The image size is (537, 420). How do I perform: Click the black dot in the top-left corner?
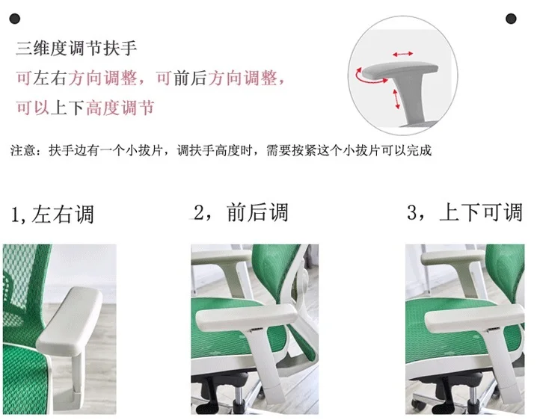tap(15, 19)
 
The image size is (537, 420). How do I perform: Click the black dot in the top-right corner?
tap(511, 19)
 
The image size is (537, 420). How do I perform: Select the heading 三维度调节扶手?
tap(76, 48)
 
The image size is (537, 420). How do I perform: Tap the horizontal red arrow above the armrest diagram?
tap(402, 54)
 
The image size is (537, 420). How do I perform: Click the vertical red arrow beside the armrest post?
tap(396, 99)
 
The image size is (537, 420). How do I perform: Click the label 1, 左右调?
tap(52, 214)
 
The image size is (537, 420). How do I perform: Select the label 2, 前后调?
tap(241, 212)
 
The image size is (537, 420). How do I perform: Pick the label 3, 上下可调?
tap(464, 212)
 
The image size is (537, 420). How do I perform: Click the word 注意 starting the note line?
tap(23, 150)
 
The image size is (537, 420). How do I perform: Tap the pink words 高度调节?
tap(120, 108)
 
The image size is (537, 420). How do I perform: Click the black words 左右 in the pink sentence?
tap(50, 78)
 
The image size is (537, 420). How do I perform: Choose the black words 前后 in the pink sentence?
tap(190, 78)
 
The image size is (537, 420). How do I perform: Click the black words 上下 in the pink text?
tap(67, 108)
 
